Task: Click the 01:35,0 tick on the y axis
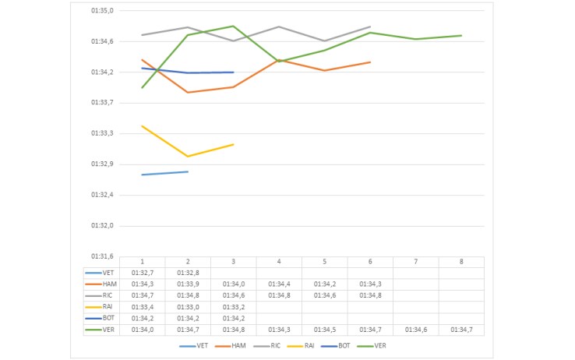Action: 102,11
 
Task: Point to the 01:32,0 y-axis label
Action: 102,225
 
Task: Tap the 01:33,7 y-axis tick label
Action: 102,102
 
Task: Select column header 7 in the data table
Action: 416,262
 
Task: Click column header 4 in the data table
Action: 279,262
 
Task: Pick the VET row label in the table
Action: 108,273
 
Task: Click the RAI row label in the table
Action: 108,306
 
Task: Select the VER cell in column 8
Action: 461,330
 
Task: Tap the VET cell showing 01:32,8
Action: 188,273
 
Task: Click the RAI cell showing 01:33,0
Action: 188,307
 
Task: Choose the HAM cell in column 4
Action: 279,284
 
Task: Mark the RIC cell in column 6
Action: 370,295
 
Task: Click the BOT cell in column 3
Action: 234,318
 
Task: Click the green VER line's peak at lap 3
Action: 234,26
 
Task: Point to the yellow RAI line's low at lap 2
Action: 188,157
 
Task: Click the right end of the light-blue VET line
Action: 188,171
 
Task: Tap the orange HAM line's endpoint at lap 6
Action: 370,62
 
